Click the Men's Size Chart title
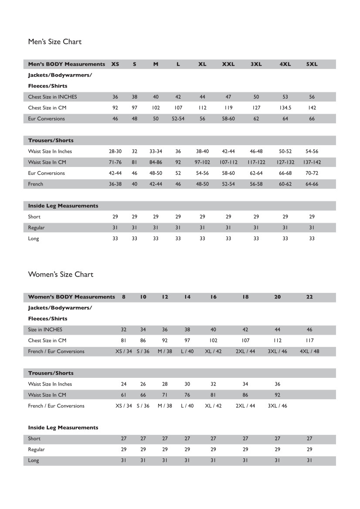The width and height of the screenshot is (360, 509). click(x=54, y=42)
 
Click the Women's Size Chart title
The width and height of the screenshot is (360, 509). click(x=61, y=275)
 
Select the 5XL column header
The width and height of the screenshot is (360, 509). click(x=312, y=64)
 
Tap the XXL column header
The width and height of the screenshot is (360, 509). click(x=228, y=64)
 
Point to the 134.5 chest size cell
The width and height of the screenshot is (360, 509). click(x=285, y=108)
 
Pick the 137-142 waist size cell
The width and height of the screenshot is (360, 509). click(x=312, y=162)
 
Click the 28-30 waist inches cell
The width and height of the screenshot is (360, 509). click(x=115, y=151)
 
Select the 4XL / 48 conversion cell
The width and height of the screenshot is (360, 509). click(x=309, y=351)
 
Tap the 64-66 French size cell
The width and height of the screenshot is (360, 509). click(x=312, y=184)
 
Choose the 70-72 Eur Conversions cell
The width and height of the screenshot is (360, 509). click(x=312, y=173)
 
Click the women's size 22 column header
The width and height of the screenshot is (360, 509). click(x=309, y=297)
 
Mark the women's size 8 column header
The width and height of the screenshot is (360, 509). click(x=124, y=297)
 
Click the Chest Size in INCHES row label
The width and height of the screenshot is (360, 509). click(x=52, y=97)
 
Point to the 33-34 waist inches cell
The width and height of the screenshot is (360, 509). click(x=156, y=151)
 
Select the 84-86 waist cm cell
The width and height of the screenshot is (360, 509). click(x=156, y=162)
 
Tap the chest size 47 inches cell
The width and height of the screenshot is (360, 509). click(x=228, y=97)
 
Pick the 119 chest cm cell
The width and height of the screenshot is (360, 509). click(x=228, y=108)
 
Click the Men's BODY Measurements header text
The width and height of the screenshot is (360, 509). click(x=66, y=64)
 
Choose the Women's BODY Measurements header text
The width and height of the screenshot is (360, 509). click(x=71, y=297)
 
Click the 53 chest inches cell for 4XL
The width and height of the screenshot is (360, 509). click(x=285, y=97)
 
